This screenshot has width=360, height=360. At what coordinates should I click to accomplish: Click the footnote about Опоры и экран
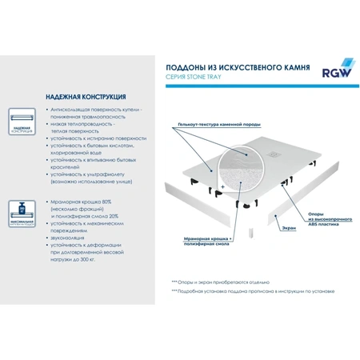pyautogui.click(x=219, y=282)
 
